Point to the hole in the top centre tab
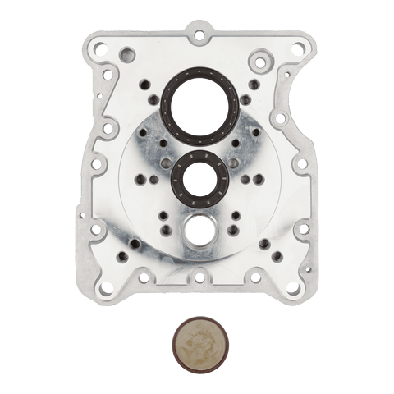coord(198,34)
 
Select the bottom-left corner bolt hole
coord(106,287)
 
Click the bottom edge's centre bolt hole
coord(199,278)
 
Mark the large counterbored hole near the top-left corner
coord(126,56)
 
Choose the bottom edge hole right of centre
coord(253,277)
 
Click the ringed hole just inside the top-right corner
coord(260,62)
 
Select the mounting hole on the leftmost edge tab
coord(95,164)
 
